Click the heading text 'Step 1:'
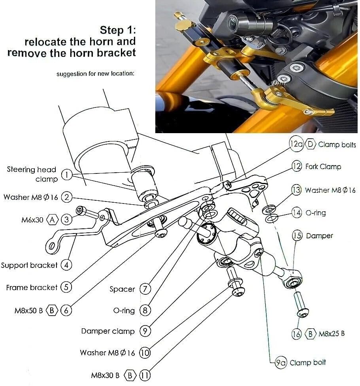[x=118, y=30]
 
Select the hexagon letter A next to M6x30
[x=52, y=219]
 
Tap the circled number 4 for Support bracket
[x=66, y=265]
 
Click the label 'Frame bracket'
[x=32, y=287]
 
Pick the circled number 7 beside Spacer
[x=145, y=289]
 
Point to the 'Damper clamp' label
[x=108, y=331]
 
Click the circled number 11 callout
[x=145, y=375]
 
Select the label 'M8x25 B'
[x=332, y=334]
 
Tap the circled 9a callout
[x=281, y=362]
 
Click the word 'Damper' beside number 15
[x=320, y=236]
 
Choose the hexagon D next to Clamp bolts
[x=310, y=145]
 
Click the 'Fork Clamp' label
[x=323, y=166]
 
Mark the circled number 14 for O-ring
[x=296, y=213]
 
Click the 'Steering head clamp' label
[x=32, y=174]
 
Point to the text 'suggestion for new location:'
[x=96, y=74]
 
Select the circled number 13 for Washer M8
[x=296, y=190]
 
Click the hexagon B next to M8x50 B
[x=52, y=311]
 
